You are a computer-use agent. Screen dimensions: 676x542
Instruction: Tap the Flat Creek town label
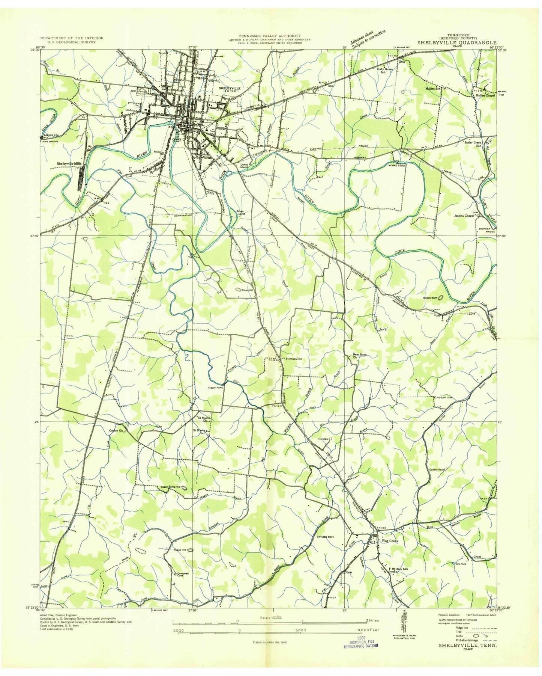[x=390, y=541]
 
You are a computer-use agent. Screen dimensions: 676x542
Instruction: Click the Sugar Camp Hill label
[x=171, y=487]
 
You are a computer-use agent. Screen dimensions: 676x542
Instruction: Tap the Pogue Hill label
[x=180, y=550]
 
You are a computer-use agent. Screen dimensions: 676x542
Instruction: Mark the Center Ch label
[x=116, y=430]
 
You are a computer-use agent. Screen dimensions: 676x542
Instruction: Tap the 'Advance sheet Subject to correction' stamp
[x=368, y=39]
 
